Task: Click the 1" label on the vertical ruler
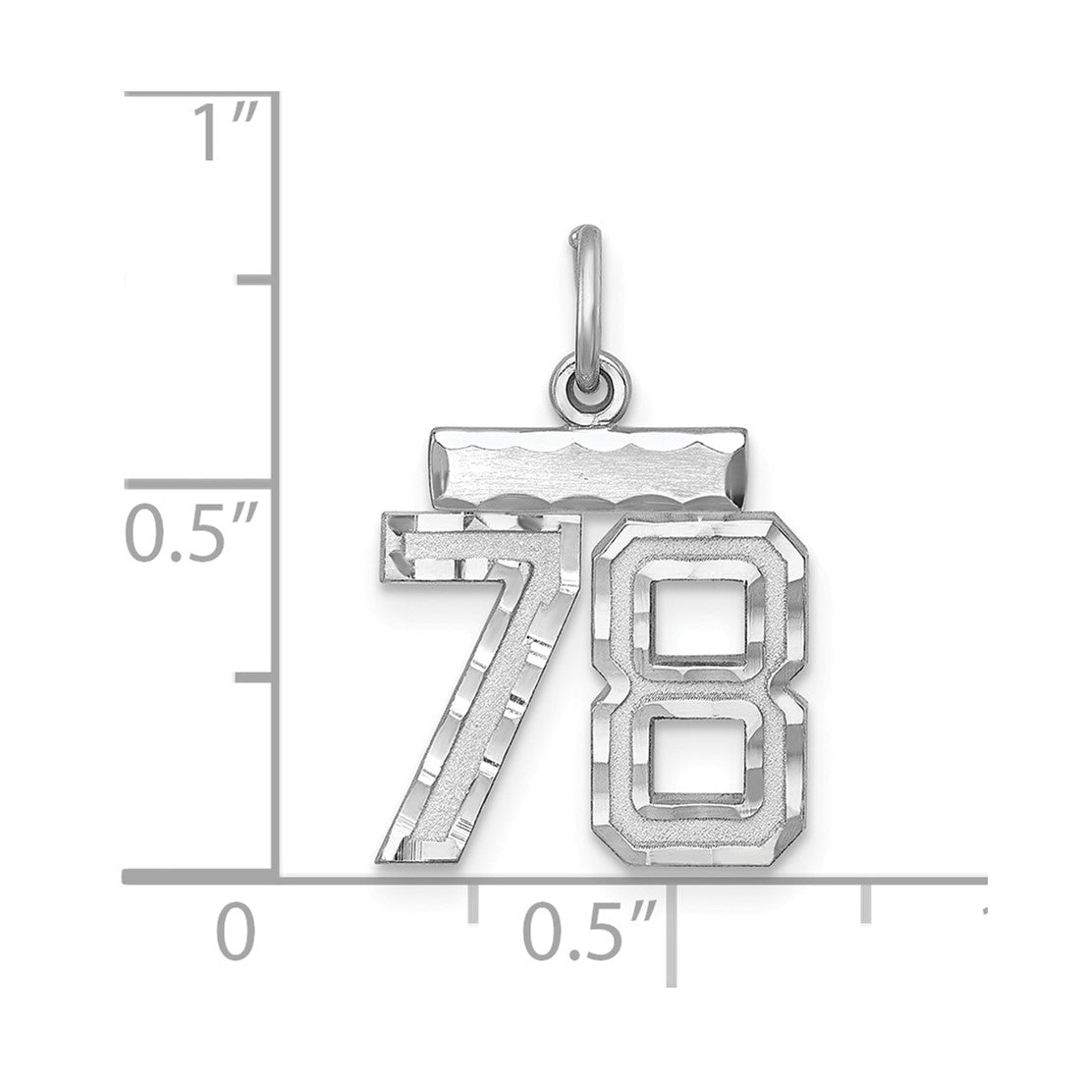click(223, 132)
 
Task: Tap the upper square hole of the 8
click(698, 617)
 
